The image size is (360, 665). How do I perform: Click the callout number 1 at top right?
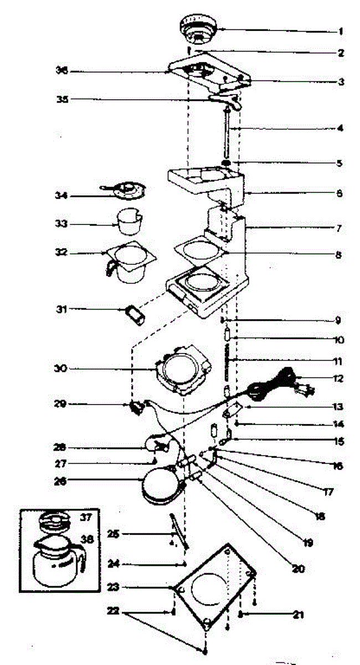(x=341, y=32)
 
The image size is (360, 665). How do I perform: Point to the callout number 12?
(x=338, y=379)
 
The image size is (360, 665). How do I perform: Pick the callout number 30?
(x=61, y=368)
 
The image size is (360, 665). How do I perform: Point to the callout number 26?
(x=61, y=482)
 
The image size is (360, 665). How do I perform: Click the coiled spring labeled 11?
(x=226, y=360)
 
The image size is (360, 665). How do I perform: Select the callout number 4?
(x=340, y=128)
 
